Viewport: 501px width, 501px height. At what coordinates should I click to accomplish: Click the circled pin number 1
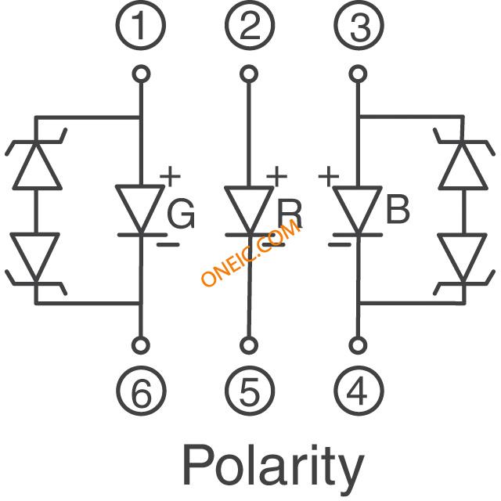coord(141,25)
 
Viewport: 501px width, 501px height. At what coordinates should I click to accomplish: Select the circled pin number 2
coord(250,25)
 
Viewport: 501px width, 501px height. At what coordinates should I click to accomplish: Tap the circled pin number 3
coord(359,25)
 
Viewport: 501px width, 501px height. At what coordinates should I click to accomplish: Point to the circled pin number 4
coord(359,391)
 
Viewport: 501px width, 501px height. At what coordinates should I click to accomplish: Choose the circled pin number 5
coord(250,391)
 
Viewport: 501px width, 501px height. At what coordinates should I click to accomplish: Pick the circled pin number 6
coord(141,391)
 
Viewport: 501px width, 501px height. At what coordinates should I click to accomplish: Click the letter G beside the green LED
coord(181,214)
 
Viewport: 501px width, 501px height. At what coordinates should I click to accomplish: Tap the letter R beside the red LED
coord(289,214)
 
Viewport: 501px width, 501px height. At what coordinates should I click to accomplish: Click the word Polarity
coord(273,470)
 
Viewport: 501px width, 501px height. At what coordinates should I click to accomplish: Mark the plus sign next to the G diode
coord(170,176)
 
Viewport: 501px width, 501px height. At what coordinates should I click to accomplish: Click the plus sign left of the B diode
coord(329,176)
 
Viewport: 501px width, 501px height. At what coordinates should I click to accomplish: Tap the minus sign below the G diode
coord(168,245)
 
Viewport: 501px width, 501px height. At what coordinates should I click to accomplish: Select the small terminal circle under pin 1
coord(141,74)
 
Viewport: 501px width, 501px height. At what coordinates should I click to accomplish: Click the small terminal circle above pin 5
coord(249,345)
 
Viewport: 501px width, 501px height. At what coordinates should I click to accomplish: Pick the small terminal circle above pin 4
coord(359,345)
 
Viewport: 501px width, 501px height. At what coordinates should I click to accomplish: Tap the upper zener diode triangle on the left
coord(37,165)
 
